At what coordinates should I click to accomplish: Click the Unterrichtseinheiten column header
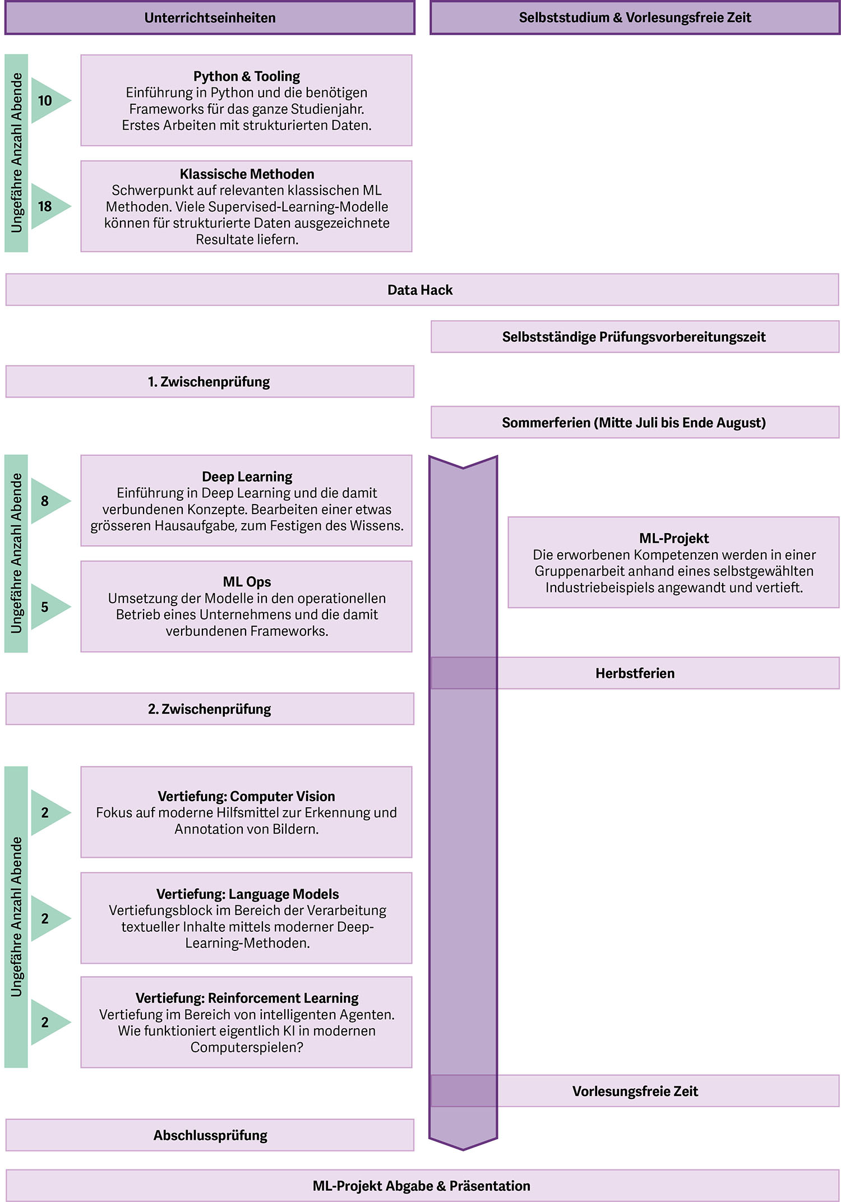click(x=210, y=18)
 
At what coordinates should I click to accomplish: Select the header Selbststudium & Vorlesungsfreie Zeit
click(x=635, y=18)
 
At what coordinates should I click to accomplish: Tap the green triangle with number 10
click(x=47, y=100)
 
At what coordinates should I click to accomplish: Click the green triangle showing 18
click(x=47, y=206)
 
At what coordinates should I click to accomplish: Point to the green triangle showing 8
click(x=47, y=501)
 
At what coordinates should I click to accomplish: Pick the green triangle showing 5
click(x=47, y=607)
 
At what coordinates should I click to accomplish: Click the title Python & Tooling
click(x=246, y=76)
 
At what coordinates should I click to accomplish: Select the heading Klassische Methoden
click(x=247, y=174)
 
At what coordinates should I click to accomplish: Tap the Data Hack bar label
click(x=420, y=290)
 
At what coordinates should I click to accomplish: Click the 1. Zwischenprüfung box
click(x=209, y=382)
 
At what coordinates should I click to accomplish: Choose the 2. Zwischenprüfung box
click(x=209, y=709)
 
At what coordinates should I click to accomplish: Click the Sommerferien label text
click(x=634, y=422)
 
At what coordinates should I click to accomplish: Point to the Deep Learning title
click(x=247, y=477)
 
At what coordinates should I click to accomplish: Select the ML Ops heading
click(x=247, y=581)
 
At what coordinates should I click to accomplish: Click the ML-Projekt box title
click(x=673, y=538)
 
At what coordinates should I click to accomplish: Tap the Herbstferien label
click(x=635, y=673)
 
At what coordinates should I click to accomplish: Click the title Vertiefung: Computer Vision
click(x=246, y=796)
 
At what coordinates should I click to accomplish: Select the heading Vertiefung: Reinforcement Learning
click(x=247, y=998)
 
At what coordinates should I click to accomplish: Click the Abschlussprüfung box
click(x=210, y=1135)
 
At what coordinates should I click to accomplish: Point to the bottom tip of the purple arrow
click(x=463, y=1149)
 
